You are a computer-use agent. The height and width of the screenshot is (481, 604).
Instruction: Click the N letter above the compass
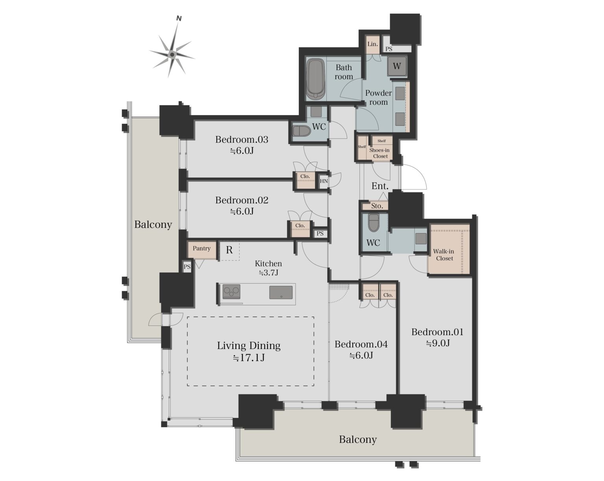coord(179,19)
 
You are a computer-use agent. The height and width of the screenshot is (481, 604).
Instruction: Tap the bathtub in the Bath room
coord(315,79)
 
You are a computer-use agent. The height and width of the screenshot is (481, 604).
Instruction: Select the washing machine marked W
coord(397,66)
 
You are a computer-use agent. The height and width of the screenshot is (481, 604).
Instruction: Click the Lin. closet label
coord(372,44)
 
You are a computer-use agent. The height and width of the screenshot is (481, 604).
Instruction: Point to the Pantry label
coord(201,248)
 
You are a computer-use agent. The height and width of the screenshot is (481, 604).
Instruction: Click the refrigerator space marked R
coord(229,250)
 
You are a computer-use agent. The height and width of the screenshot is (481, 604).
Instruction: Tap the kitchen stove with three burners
coord(231,292)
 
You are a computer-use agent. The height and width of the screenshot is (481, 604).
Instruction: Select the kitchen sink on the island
coord(281,292)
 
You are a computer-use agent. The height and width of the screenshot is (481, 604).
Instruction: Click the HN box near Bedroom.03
coord(324,181)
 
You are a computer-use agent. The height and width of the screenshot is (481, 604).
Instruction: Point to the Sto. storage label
coord(377,206)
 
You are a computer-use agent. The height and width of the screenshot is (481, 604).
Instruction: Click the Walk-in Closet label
coord(444,255)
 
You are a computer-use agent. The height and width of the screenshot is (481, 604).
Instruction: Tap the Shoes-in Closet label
coord(380,153)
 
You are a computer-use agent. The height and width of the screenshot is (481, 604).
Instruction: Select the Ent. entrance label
coord(380,186)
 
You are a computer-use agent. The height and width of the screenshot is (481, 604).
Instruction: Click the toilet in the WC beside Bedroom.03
coord(302,131)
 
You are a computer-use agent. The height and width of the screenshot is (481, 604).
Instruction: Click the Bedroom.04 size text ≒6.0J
coord(361,356)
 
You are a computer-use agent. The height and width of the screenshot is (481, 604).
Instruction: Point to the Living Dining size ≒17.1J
coord(249,358)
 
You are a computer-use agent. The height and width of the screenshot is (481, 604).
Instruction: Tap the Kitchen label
coord(268,264)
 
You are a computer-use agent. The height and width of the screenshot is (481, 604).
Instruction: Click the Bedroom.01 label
coord(437,332)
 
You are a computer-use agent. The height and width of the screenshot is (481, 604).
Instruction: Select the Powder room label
coord(378,97)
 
